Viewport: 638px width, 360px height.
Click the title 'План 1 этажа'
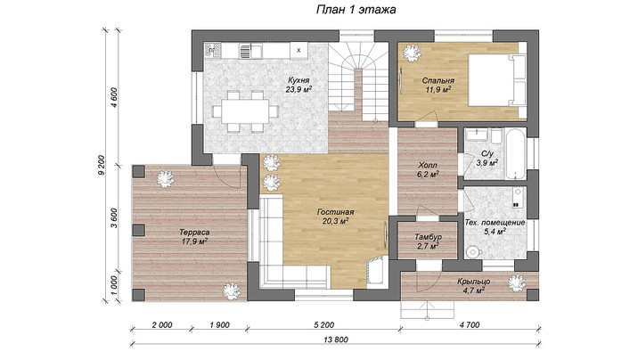[356, 10]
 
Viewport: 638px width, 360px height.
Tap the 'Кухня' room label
[299, 80]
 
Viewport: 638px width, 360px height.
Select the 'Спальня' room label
[438, 80]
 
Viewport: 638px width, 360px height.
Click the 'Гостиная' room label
[335, 212]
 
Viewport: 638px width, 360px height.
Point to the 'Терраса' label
[194, 233]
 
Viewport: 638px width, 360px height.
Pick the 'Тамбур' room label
[428, 237]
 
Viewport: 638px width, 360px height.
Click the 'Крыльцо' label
[473, 282]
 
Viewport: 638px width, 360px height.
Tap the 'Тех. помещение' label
[495, 223]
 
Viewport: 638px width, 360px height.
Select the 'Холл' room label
[428, 166]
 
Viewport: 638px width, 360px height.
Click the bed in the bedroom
[497, 80]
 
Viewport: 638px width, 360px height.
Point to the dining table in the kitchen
[245, 111]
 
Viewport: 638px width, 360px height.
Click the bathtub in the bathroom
[515, 154]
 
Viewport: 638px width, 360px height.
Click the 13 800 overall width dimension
[336, 340]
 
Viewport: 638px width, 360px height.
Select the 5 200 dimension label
[323, 325]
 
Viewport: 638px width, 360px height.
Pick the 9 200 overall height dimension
[101, 165]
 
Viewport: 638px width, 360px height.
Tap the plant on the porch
[517, 283]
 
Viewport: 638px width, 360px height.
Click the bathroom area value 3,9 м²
[487, 163]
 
